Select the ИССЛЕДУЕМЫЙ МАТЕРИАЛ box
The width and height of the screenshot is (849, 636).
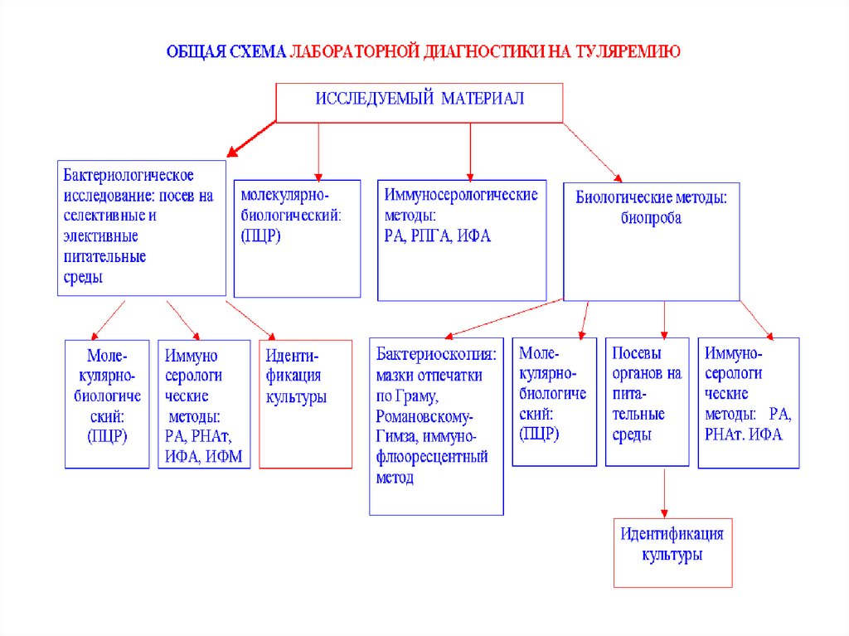pos(419,102)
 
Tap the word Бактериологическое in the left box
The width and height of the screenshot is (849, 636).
pos(129,176)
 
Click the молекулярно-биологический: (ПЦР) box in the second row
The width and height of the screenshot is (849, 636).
pos(297,238)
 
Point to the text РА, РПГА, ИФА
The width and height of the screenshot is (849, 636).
pos(438,236)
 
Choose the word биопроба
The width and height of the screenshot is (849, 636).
pos(651,219)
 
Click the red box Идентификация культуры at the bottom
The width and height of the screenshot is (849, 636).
pos(672,552)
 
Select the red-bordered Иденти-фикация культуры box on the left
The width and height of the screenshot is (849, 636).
pos(300,404)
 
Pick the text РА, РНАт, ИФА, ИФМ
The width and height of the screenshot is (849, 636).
pos(203,446)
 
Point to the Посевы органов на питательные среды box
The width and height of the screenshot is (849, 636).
pos(647,401)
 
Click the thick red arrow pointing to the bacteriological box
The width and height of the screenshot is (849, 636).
pos(251,138)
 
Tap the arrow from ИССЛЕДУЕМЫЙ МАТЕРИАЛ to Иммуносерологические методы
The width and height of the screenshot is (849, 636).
pos(470,151)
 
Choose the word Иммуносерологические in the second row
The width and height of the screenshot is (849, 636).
pos(461,195)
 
